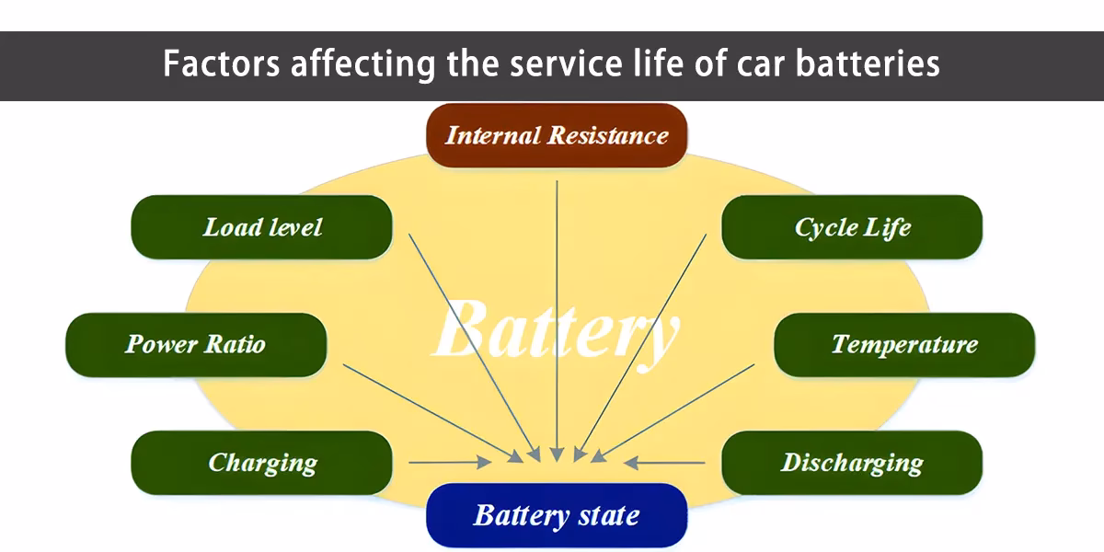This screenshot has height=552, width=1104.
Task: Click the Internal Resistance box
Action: click(x=557, y=135)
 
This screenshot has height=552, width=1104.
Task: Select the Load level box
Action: click(x=262, y=226)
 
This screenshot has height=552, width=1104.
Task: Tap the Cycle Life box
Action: click(x=852, y=226)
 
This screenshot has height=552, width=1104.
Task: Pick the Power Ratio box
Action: click(x=195, y=344)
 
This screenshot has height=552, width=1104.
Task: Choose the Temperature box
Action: click(x=904, y=344)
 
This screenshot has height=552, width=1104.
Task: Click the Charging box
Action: click(x=262, y=462)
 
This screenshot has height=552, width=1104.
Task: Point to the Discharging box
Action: click(x=852, y=462)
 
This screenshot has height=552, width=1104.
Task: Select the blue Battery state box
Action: click(x=557, y=515)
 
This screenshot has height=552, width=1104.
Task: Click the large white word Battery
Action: click(x=557, y=331)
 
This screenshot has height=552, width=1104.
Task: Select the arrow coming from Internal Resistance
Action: click(x=557, y=313)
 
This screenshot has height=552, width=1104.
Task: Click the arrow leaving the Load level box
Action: click(x=469, y=340)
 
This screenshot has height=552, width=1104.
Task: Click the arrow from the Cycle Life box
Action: click(x=644, y=340)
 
